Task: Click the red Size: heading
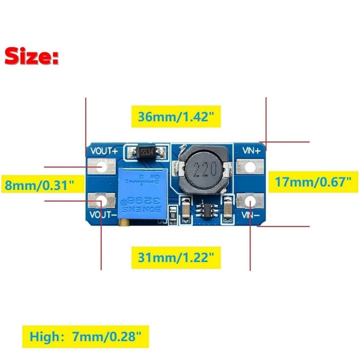point(32,57)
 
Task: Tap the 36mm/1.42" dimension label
point(176,117)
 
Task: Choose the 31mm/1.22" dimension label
point(176,257)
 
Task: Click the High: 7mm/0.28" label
point(85,337)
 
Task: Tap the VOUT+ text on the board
point(104,151)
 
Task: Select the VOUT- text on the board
point(103,216)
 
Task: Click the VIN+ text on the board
point(251,151)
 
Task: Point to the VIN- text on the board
point(250,215)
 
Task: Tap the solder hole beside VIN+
point(251,167)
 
